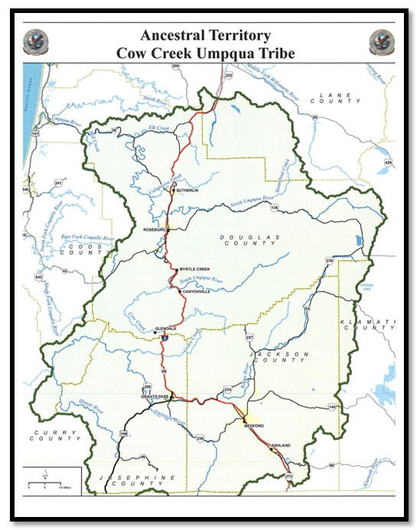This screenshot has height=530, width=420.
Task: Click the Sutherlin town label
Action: point(187,190)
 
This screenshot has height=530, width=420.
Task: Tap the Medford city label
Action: point(254,425)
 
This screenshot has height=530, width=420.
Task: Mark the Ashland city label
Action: point(280,444)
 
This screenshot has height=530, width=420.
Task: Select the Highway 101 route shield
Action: point(33,133)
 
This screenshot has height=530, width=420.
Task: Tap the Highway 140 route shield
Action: point(331,407)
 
